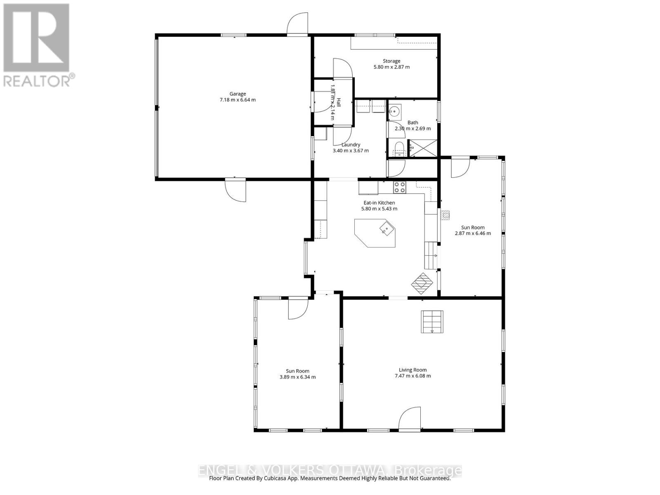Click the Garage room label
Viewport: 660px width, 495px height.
click(238, 94)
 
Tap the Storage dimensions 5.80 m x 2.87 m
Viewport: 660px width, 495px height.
click(391, 67)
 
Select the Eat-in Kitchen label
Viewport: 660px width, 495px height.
click(379, 203)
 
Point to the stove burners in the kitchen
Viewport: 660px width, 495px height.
click(399, 187)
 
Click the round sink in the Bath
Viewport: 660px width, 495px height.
click(395, 111)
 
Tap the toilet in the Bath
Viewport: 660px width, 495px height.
click(399, 148)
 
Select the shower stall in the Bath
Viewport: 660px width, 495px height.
click(422, 148)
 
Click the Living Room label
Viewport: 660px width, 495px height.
click(412, 370)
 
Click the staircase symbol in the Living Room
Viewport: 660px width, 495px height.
click(432, 322)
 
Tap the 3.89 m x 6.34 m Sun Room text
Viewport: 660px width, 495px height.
click(297, 377)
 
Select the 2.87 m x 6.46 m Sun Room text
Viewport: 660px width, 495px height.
click(473, 233)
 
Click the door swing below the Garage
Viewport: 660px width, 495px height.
click(236, 190)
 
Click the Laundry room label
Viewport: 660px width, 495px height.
click(351, 145)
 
